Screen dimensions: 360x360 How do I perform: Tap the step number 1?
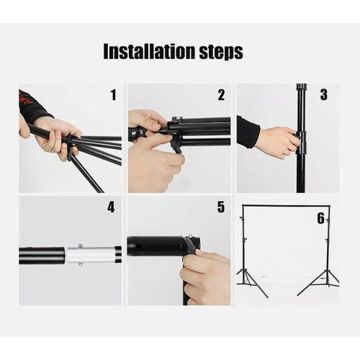tap(113, 95)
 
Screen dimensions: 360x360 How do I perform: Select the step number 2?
tap(221, 95)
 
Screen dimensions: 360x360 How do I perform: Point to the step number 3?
tap(323, 94)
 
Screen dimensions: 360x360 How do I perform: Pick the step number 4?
tap(111, 207)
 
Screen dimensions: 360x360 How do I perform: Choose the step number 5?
tap(220, 207)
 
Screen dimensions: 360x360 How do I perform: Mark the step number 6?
tap(320, 218)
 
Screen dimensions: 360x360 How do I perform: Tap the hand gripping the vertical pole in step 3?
tap(276, 141)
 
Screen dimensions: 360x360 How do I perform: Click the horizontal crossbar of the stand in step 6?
tap(286, 206)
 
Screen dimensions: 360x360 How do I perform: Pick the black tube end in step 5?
tap(155, 246)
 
